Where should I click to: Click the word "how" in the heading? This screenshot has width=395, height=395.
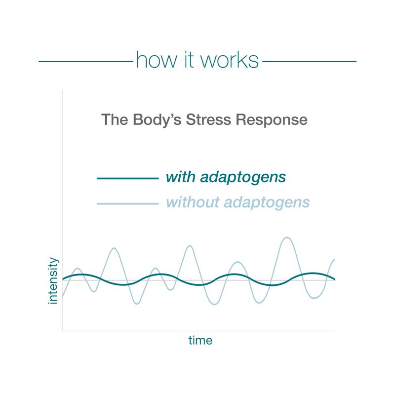(157, 60)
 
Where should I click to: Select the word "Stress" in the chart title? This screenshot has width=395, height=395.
(208, 119)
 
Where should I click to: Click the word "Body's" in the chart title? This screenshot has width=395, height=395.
(157, 120)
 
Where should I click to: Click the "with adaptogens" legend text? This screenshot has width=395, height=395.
(226, 177)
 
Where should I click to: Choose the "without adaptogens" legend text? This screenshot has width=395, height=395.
(238, 202)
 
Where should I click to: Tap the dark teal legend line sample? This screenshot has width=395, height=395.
(128, 178)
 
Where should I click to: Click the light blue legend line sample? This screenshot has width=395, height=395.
(128, 203)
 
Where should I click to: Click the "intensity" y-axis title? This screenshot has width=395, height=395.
(53, 280)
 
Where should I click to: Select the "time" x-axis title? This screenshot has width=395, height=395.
(200, 340)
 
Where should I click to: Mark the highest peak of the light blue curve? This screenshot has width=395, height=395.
(287, 237)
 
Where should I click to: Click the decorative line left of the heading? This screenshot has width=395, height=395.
(85, 61)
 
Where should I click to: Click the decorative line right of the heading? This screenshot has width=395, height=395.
(310, 61)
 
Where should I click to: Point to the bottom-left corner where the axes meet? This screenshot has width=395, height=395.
(62, 330)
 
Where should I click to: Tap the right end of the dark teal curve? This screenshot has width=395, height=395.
(335, 279)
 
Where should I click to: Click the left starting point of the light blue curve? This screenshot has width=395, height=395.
(62, 298)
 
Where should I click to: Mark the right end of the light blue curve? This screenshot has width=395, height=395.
(335, 259)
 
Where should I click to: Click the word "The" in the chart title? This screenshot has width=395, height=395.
(115, 120)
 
